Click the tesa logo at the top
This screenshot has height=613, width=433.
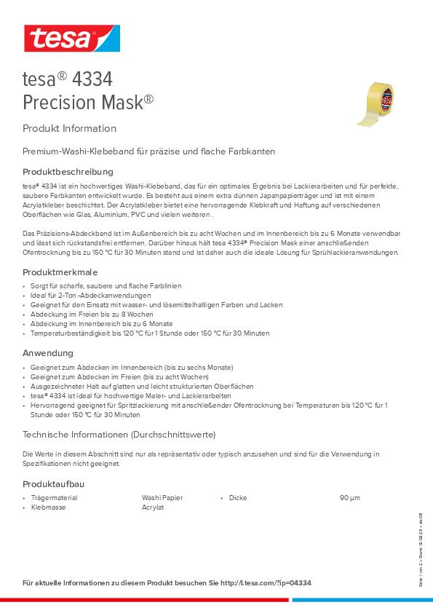coord(71,37)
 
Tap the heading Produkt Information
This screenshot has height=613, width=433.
coord(69,128)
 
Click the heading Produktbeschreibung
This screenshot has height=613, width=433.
coord(68,172)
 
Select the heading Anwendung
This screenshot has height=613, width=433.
coord(48,352)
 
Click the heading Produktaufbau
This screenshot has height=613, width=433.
coord(54,483)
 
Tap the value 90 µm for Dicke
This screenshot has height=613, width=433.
coord(349,498)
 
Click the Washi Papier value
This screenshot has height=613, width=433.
coord(162,498)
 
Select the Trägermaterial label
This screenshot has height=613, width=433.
coord(54,498)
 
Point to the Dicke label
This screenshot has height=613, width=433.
coord(237,498)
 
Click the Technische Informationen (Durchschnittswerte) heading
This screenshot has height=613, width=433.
coord(119,435)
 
